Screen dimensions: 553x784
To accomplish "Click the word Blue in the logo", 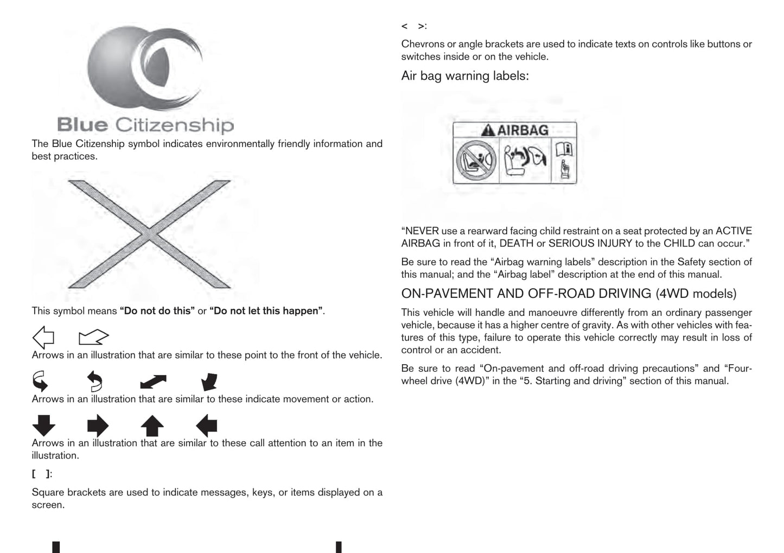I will pos(82,125).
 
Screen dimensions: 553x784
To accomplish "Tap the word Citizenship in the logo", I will pos(174,125).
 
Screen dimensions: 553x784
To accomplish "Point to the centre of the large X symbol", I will pos(149,234).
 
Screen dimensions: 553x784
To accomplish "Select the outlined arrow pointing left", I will pos(43,337).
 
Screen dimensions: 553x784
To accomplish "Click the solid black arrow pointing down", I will pos(44,425).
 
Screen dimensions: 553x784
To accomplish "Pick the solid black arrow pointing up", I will pos(152,425).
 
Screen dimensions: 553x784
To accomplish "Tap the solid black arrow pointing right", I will pos(98,425).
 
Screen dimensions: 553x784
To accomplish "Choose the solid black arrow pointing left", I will pos(206,425).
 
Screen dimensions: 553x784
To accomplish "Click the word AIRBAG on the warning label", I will pos(522,130).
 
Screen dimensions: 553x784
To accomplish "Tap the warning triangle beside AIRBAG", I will pos(488,130).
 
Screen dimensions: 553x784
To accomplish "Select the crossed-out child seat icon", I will pos(476,161).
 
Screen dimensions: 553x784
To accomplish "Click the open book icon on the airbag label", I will pos(564,149).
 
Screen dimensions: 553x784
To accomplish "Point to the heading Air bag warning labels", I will pos(464,76).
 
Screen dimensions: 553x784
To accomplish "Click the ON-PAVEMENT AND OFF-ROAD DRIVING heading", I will pos(569,294).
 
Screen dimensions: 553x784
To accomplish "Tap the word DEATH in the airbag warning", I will pos(516,244).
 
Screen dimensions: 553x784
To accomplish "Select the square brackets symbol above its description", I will pos(41,474).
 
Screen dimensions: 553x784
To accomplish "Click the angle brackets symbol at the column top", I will pos(413,26).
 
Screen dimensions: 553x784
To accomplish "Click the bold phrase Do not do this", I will pos(157,311).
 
